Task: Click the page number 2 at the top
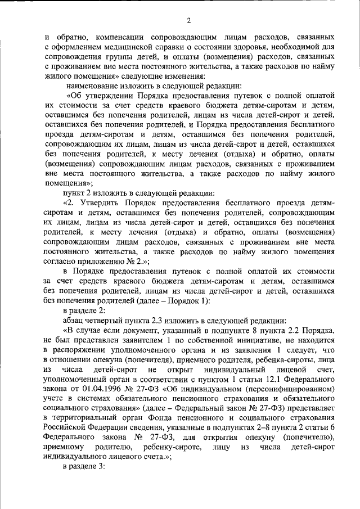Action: pos(189,21)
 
